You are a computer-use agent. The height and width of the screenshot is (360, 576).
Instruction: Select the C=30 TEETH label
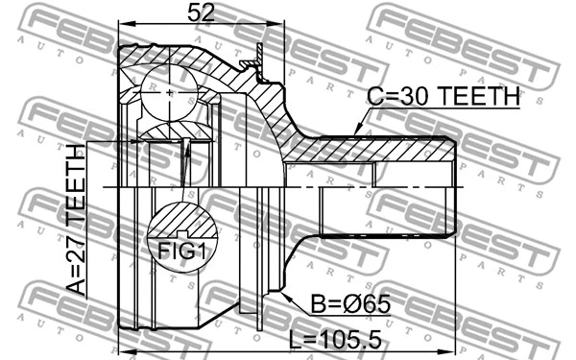(444, 98)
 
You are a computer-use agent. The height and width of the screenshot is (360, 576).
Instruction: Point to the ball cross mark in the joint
(170, 93)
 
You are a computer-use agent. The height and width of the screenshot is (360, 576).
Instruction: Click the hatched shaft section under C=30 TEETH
(384, 152)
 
